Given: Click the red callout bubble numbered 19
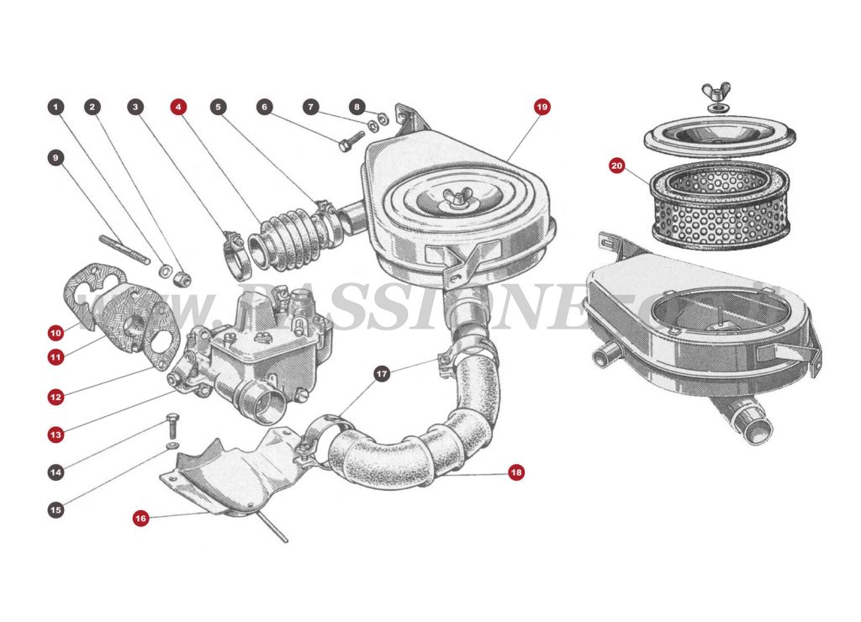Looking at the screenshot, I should click(541, 108).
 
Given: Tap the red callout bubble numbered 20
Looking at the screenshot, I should click(616, 166).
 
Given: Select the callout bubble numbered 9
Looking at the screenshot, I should click(55, 157).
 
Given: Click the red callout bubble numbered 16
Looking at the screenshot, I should click(140, 519).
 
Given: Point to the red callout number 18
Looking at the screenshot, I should click(515, 473).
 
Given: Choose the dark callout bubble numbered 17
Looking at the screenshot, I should click(382, 372).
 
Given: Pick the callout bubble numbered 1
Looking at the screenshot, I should click(55, 108).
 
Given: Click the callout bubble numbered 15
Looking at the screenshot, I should click(55, 509).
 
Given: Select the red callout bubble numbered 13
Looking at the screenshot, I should click(55, 435).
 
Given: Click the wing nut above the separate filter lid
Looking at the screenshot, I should click(717, 91).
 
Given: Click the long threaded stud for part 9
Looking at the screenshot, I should click(124, 250).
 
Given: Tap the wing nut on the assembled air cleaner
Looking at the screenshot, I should click(458, 202).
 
